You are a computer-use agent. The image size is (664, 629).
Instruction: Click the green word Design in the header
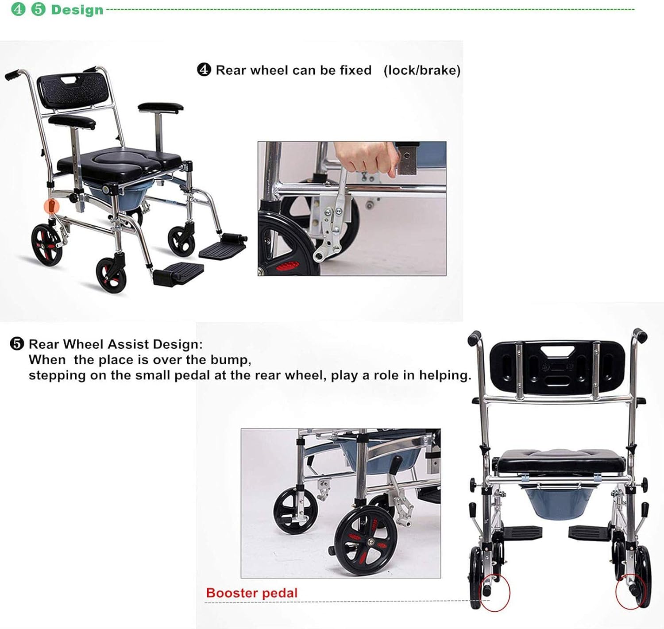[77, 10]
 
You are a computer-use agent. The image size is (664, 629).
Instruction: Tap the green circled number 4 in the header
[18, 9]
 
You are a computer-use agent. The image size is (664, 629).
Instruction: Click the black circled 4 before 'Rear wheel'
[204, 70]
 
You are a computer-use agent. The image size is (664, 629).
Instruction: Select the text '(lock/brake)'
[422, 70]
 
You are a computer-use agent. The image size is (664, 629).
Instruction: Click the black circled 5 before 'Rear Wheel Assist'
[17, 344]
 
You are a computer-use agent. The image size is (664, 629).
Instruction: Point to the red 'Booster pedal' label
[251, 593]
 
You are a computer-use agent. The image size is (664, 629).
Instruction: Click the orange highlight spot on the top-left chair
[53, 206]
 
